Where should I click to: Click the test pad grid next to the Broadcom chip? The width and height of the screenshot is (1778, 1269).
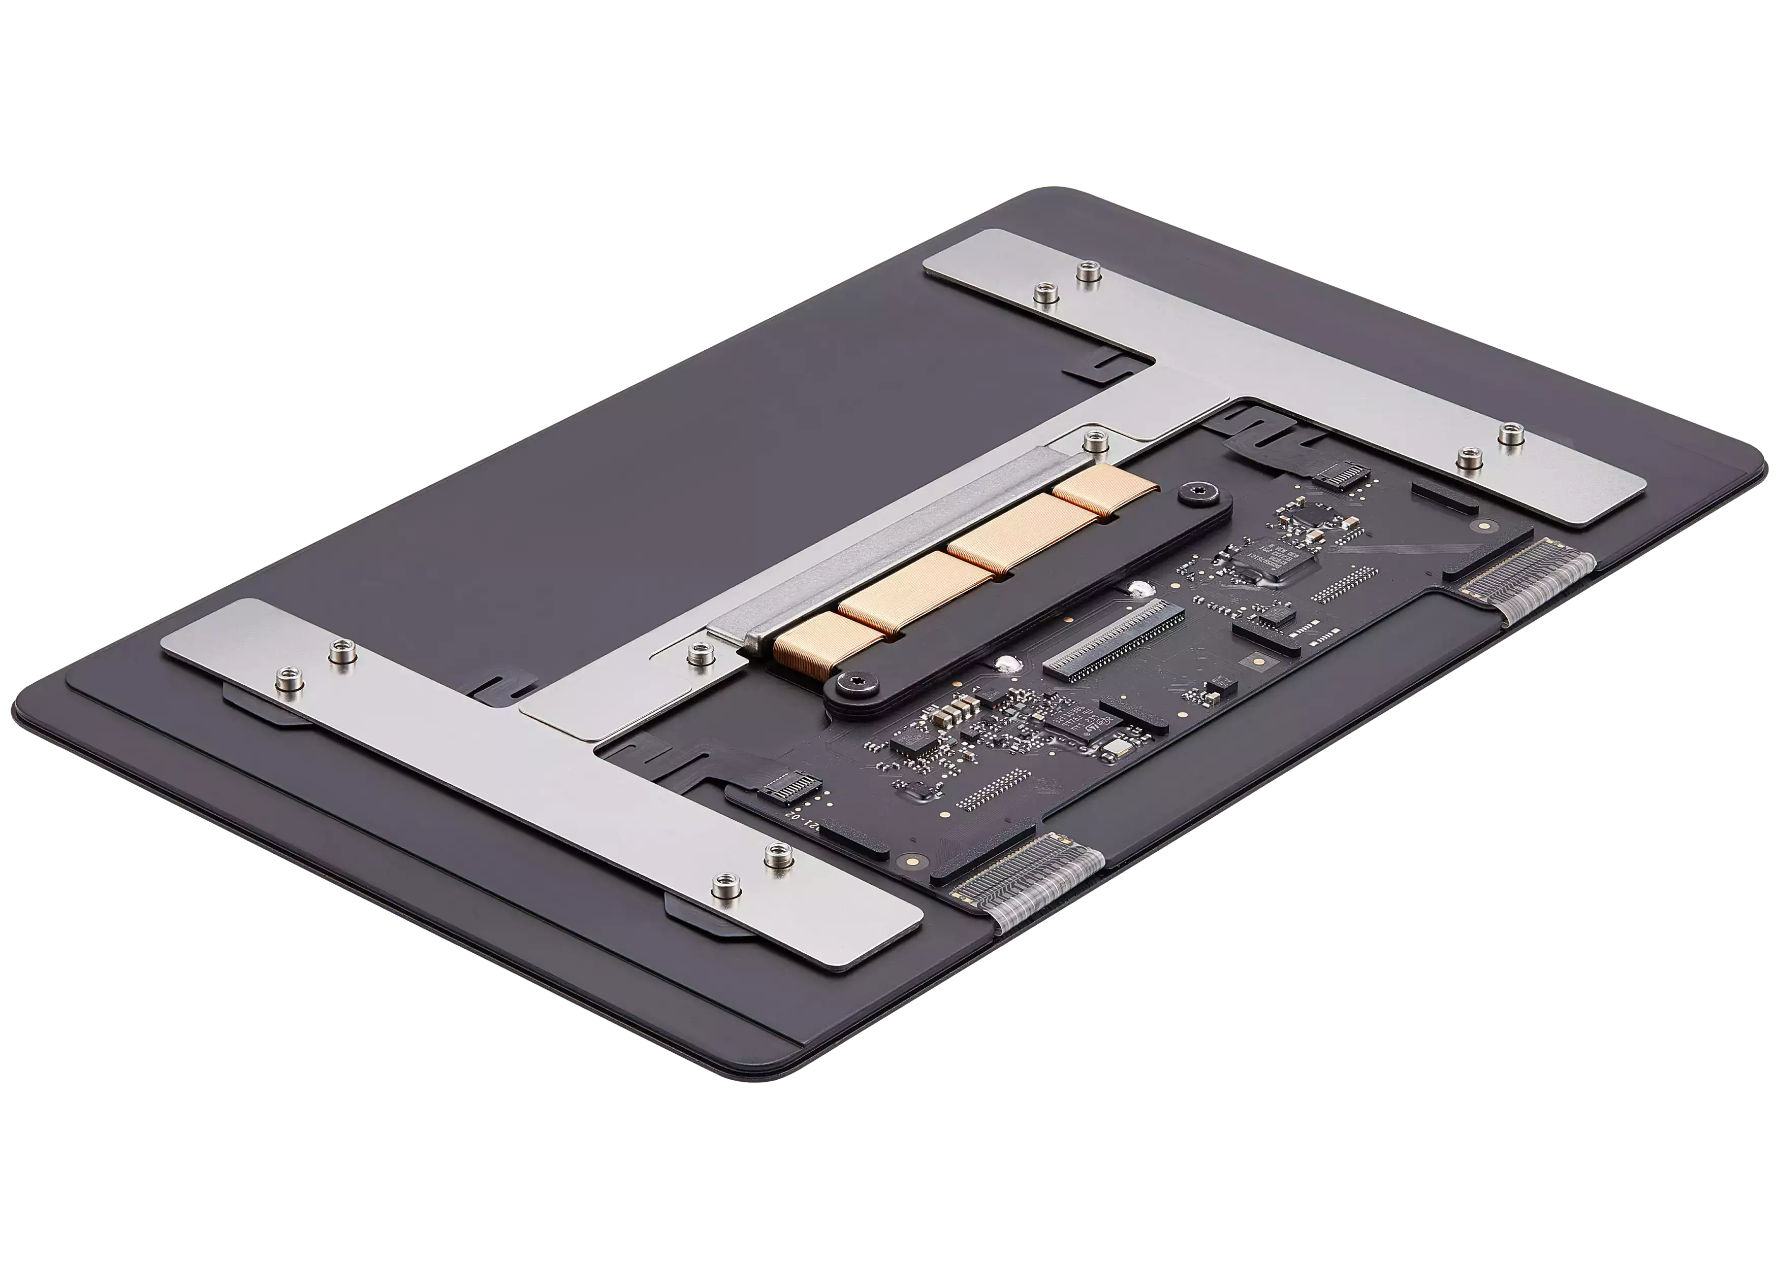pos(1344,584)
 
